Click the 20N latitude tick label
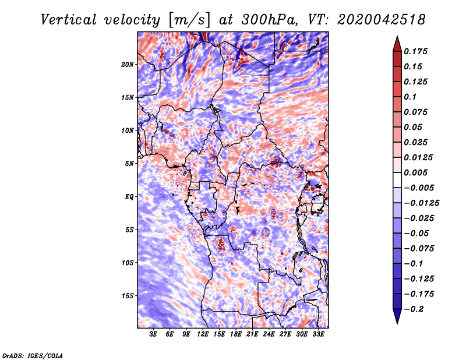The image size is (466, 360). (x=128, y=65)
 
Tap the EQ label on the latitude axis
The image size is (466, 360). (x=129, y=197)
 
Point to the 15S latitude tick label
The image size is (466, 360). (x=128, y=296)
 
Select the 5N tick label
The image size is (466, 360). (x=129, y=164)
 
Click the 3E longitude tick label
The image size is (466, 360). (x=153, y=334)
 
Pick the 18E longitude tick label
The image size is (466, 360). (x=235, y=334)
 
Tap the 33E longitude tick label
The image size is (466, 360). (x=318, y=334)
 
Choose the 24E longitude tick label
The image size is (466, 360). (x=269, y=334)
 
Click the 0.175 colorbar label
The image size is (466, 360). (x=415, y=51)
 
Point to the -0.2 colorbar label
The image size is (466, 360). (x=414, y=309)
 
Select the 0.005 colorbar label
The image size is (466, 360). (x=415, y=172)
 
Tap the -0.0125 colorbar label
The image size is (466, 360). (x=421, y=203)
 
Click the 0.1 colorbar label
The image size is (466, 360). (x=410, y=97)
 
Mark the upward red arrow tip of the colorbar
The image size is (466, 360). (x=397, y=36)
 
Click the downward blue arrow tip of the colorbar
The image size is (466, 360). (x=397, y=323)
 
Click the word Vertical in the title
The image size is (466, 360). (x=69, y=20)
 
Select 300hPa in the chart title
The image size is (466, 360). (x=269, y=20)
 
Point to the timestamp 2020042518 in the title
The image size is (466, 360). (x=381, y=20)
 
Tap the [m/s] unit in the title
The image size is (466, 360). (x=189, y=20)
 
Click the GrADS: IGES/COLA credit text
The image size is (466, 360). (x=33, y=356)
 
